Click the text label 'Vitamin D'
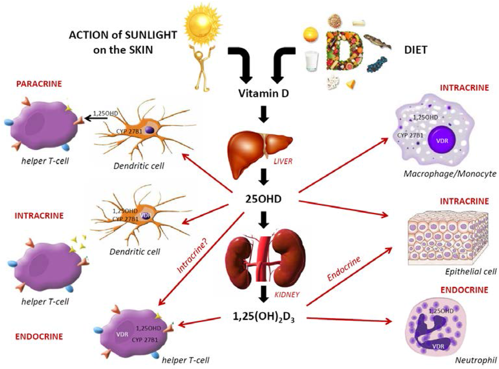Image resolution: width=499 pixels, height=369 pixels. (263, 93)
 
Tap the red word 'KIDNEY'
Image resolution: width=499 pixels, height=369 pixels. (286, 294)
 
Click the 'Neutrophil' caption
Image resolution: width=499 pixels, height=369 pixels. (472, 361)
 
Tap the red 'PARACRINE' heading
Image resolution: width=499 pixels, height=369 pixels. (39, 83)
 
